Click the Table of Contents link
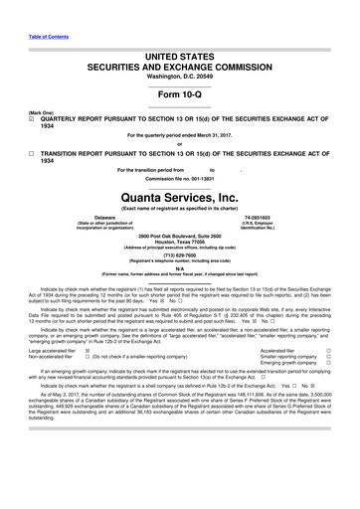point(29,8)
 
